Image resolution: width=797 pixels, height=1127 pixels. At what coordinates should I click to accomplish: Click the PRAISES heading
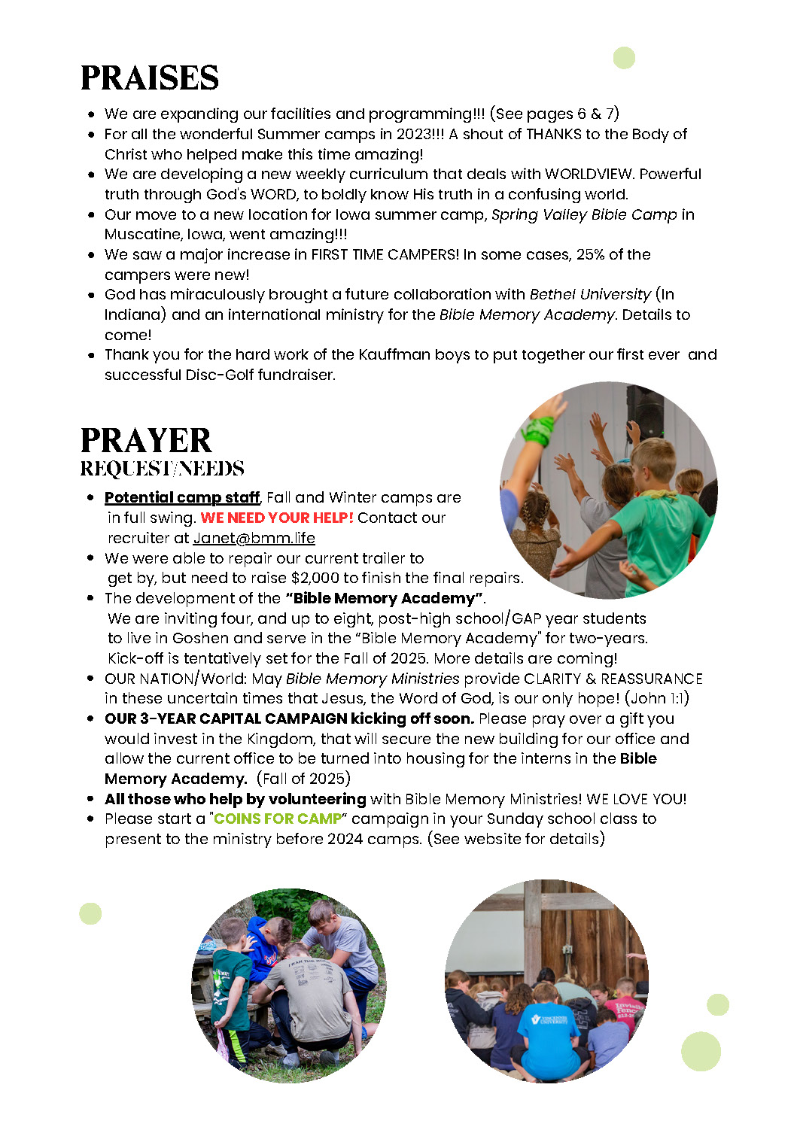tap(150, 78)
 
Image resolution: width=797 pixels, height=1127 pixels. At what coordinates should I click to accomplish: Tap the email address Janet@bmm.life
tap(254, 538)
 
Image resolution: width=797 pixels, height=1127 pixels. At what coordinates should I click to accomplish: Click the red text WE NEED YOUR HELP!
tap(277, 518)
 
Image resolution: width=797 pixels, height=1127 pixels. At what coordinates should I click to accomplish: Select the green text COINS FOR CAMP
tap(278, 819)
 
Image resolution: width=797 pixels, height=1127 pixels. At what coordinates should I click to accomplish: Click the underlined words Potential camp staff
tap(181, 497)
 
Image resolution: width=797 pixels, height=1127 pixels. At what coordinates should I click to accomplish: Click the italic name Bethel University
tap(590, 294)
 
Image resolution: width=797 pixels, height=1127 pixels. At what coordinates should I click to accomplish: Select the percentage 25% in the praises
tap(590, 254)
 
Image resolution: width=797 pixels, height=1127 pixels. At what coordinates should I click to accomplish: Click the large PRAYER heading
tap(146, 441)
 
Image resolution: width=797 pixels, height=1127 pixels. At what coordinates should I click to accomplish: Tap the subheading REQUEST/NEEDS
tap(163, 469)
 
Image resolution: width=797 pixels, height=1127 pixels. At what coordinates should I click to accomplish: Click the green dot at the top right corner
tap(624, 58)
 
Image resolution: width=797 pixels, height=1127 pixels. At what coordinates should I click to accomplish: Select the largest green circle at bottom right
tap(701, 1051)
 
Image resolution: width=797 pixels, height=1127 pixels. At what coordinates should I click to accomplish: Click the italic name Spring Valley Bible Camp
tap(584, 214)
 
